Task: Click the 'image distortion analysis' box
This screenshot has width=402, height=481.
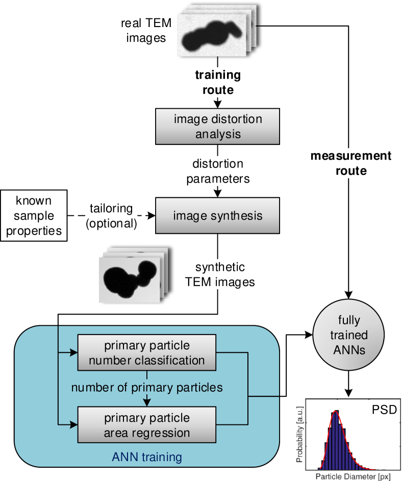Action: [217, 127]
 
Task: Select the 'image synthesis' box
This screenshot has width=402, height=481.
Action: [217, 215]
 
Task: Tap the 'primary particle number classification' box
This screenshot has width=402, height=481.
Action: [147, 353]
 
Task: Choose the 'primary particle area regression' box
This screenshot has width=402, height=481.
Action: [147, 425]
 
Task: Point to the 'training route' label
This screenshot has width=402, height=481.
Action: [218, 83]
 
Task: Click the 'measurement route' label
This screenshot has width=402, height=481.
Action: [350, 163]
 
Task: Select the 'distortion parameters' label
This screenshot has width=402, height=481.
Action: [218, 171]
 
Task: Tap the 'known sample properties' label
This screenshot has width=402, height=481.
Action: [34, 215]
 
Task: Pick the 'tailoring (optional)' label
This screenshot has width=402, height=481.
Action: [111, 216]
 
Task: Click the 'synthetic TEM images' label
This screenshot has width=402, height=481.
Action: [219, 274]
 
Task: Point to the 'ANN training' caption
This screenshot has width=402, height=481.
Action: [147, 457]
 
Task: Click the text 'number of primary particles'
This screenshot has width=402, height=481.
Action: [147, 388]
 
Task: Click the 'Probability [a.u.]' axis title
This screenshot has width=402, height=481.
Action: [301, 433]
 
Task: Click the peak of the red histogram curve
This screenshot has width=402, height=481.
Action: [335, 412]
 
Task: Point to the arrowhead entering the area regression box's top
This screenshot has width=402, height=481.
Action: [147, 403]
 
